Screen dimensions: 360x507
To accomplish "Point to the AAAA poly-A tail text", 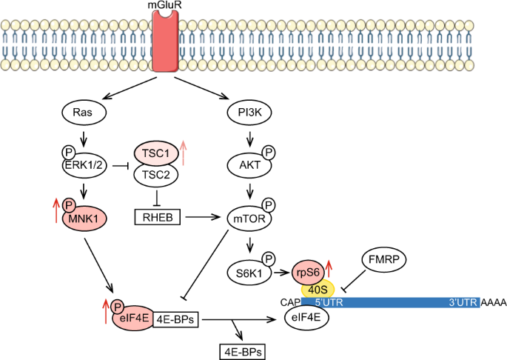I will (491, 303).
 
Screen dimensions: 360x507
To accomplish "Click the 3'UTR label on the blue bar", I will (460, 303).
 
